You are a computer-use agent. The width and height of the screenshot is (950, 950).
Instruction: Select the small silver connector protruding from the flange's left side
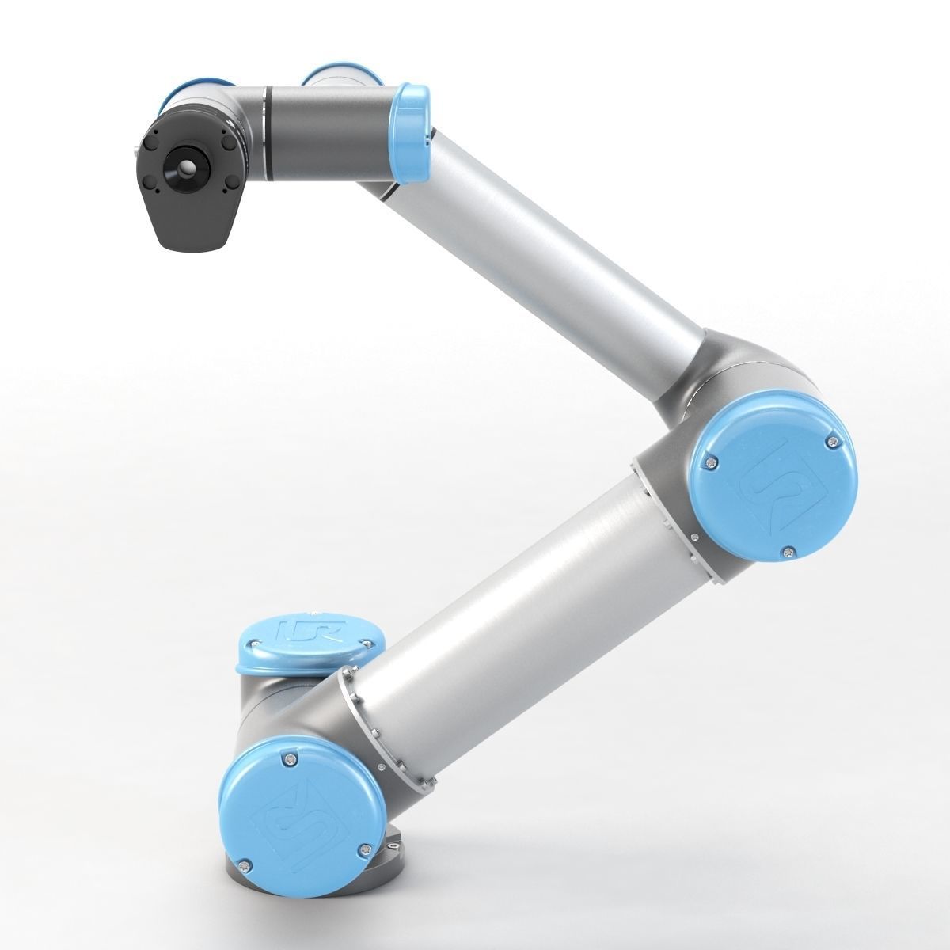[x=139, y=148]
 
